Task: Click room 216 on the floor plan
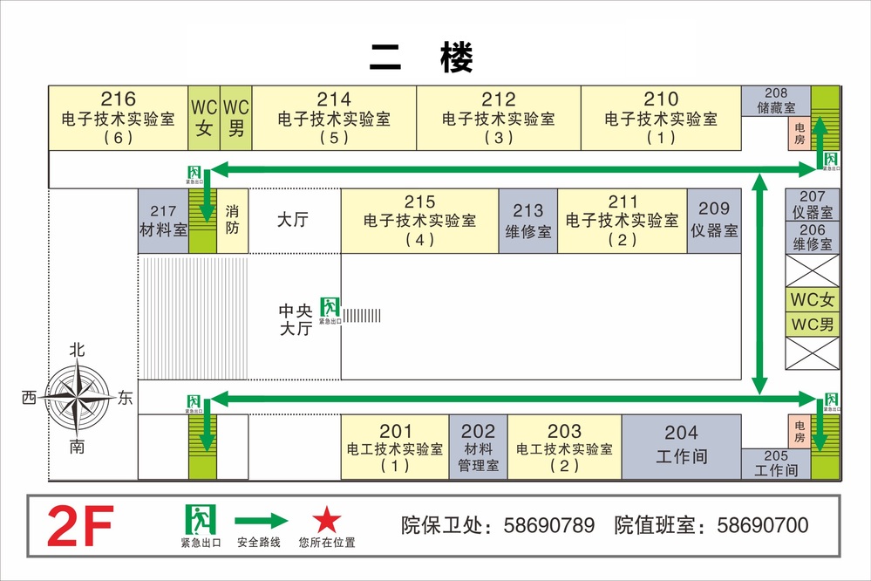pyautogui.click(x=118, y=118)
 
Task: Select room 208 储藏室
pyautogui.click(x=776, y=101)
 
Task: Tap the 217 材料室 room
pyautogui.click(x=163, y=222)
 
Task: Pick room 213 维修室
pyautogui.click(x=527, y=222)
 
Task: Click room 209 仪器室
pyautogui.click(x=714, y=222)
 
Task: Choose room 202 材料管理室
pyautogui.click(x=478, y=447)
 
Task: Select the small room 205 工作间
pyautogui.click(x=775, y=463)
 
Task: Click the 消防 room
pyautogui.click(x=232, y=222)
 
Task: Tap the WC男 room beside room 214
pyautogui.click(x=236, y=118)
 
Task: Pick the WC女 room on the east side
pyautogui.click(x=813, y=300)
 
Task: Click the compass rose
pyautogui.click(x=78, y=398)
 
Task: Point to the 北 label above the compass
pyautogui.click(x=78, y=350)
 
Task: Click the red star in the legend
pyautogui.click(x=327, y=521)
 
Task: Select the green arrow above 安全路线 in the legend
pyautogui.click(x=261, y=521)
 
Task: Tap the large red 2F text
pyautogui.click(x=79, y=527)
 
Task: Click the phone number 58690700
pyautogui.click(x=762, y=525)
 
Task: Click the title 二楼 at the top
pyautogui.click(x=421, y=58)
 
